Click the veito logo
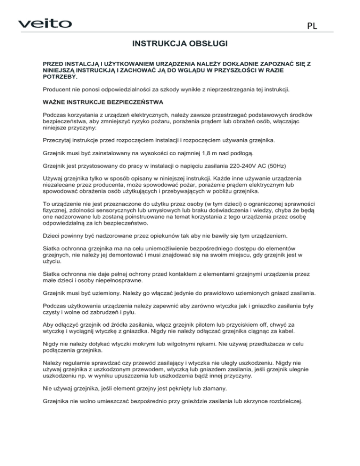pos(45,23)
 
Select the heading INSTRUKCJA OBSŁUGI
pos(180,45)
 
